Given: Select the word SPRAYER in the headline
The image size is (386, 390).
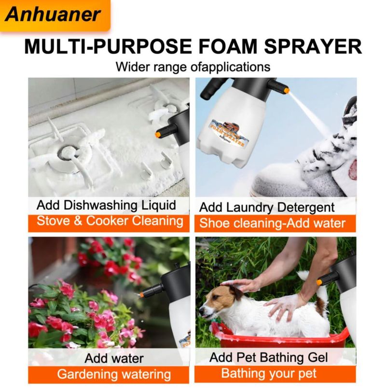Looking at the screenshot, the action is [x=313, y=46].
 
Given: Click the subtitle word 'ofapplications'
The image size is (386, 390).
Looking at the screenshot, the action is [x=230, y=67].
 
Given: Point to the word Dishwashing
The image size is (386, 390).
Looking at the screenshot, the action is [x=100, y=206].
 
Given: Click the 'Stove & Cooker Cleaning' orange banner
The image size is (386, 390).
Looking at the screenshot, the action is [x=109, y=223].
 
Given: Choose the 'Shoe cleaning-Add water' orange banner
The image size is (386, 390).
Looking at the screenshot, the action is [x=275, y=223].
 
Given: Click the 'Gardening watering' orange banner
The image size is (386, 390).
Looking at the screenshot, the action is [x=109, y=375].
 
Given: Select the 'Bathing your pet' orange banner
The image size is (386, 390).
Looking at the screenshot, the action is [x=275, y=374].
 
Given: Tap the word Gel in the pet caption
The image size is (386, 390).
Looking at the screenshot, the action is [x=318, y=357].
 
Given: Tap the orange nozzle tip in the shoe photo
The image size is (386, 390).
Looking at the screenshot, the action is [x=287, y=91].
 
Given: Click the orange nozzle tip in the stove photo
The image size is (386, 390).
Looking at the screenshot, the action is [x=158, y=135].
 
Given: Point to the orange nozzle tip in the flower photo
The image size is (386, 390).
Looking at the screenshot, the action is [x=142, y=295].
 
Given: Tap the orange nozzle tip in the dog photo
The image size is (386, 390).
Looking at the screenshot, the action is [x=319, y=282].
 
